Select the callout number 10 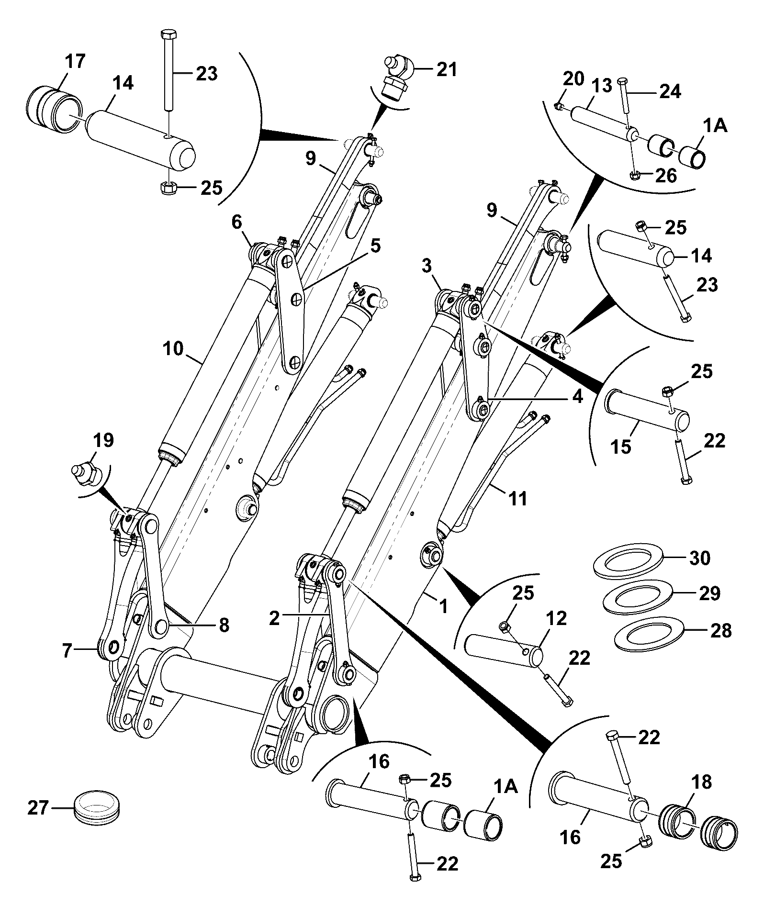[x=173, y=348]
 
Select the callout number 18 [x=700, y=782]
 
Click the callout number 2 [x=274, y=618]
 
